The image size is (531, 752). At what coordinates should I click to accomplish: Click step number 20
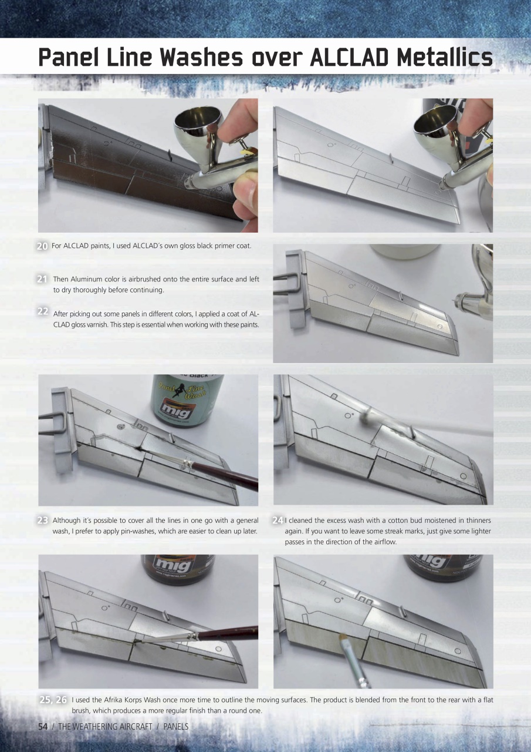click(x=42, y=246)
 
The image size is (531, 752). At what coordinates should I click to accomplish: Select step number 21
click(x=42, y=280)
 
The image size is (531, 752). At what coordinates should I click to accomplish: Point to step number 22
click(x=42, y=311)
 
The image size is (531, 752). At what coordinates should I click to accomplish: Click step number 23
click(x=42, y=521)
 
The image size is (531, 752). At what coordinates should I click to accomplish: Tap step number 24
click(x=278, y=521)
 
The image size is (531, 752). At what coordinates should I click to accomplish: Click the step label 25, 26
click(x=53, y=700)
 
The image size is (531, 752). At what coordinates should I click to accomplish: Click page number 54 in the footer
click(x=43, y=727)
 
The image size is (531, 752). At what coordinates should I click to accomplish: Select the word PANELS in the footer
click(x=175, y=727)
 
